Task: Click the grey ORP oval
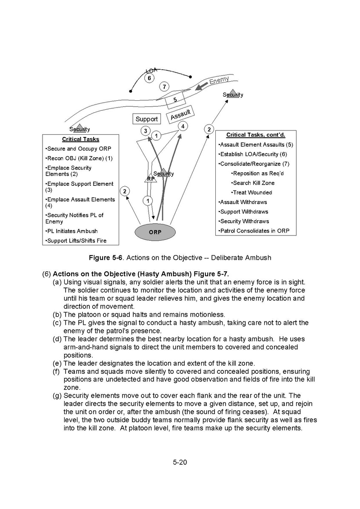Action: [155, 232]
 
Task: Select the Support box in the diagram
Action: [146, 119]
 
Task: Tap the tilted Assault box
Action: [181, 114]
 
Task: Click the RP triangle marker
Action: [151, 178]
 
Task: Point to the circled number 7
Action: [164, 87]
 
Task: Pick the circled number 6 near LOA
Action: [149, 78]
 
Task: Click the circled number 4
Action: [183, 126]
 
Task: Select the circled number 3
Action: [146, 131]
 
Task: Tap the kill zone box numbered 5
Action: [175, 100]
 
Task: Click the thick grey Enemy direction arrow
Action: [201, 86]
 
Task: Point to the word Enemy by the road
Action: [219, 80]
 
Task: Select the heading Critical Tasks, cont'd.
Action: [256, 135]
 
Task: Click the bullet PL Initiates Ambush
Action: [71, 231]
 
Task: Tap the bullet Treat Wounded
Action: [251, 193]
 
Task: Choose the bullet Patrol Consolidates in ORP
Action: [254, 231]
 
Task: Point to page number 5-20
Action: [180, 462]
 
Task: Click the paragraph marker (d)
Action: [57, 339]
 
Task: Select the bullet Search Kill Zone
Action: [253, 183]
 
